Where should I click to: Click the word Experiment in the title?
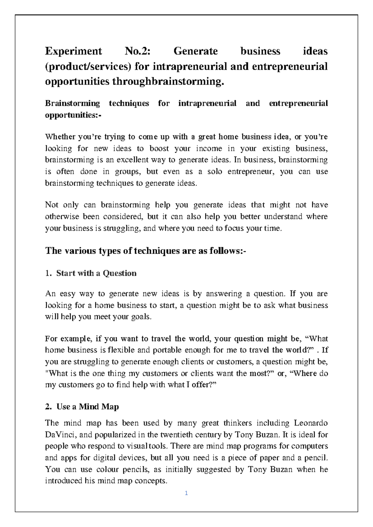coord(73,51)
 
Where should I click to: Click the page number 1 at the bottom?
coord(186,493)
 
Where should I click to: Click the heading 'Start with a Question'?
coord(96,273)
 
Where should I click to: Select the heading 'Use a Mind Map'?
coord(87,407)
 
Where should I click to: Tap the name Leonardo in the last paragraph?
coord(311,423)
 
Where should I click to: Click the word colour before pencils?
coord(107,469)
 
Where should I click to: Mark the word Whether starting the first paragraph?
coord(60,137)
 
